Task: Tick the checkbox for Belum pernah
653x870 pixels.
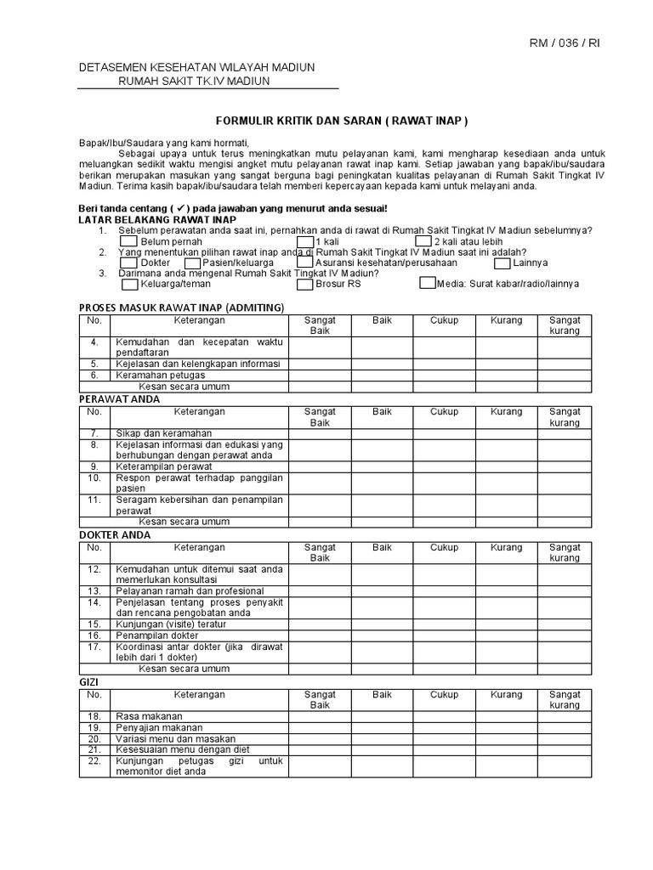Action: pyautogui.click(x=128, y=241)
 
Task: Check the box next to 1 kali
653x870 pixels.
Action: pyautogui.click(x=304, y=241)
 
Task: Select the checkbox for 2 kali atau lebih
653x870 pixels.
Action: pyautogui.click(x=423, y=241)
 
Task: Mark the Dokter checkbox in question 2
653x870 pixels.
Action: pyautogui.click(x=128, y=263)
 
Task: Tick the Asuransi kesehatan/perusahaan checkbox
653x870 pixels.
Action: pyautogui.click(x=304, y=263)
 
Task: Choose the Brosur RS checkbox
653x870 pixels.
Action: pyautogui.click(x=304, y=284)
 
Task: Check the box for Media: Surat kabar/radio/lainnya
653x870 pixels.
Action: pyautogui.click(x=427, y=284)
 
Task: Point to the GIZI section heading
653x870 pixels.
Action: pyautogui.click(x=89, y=681)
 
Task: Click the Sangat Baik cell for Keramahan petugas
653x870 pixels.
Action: pyautogui.click(x=320, y=375)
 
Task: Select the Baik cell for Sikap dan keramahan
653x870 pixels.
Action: pyautogui.click(x=382, y=433)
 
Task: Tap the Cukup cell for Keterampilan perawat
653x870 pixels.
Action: pyautogui.click(x=444, y=466)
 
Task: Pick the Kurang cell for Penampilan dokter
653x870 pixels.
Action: pyautogui.click(x=506, y=636)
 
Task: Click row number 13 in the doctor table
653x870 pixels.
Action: pyautogui.click(x=94, y=590)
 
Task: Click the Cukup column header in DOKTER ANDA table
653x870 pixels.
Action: pyautogui.click(x=444, y=548)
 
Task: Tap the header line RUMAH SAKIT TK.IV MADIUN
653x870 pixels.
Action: pyautogui.click(x=193, y=81)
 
